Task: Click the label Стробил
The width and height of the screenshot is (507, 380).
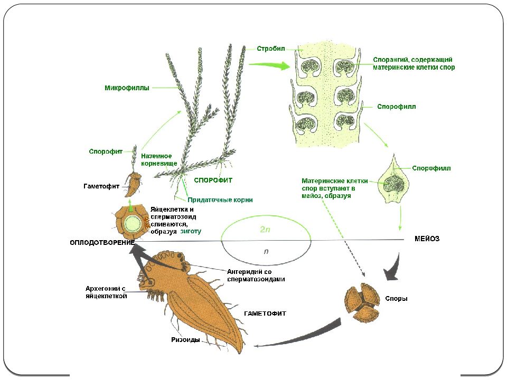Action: click(x=271, y=49)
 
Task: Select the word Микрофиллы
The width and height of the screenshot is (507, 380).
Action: click(x=127, y=88)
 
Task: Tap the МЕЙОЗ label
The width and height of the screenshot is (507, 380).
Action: click(x=427, y=239)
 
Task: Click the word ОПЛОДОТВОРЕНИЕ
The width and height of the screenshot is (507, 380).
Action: click(x=102, y=243)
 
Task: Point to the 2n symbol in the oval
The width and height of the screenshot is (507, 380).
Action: click(x=265, y=230)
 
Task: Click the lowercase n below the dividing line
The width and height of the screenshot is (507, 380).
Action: click(x=266, y=251)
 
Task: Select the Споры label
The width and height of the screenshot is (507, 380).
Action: click(x=396, y=299)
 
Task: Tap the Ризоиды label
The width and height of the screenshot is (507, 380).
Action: click(x=185, y=339)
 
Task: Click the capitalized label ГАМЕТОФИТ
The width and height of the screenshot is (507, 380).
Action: click(x=265, y=313)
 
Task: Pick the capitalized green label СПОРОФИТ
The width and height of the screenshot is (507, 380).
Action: click(x=213, y=180)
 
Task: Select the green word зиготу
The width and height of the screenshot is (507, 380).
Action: click(x=191, y=231)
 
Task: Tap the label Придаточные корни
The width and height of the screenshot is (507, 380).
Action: click(x=220, y=200)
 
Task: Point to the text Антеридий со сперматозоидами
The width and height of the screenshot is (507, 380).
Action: click(x=256, y=275)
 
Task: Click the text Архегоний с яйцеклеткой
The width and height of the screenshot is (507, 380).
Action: click(x=106, y=292)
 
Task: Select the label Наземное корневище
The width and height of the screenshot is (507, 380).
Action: click(x=159, y=159)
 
